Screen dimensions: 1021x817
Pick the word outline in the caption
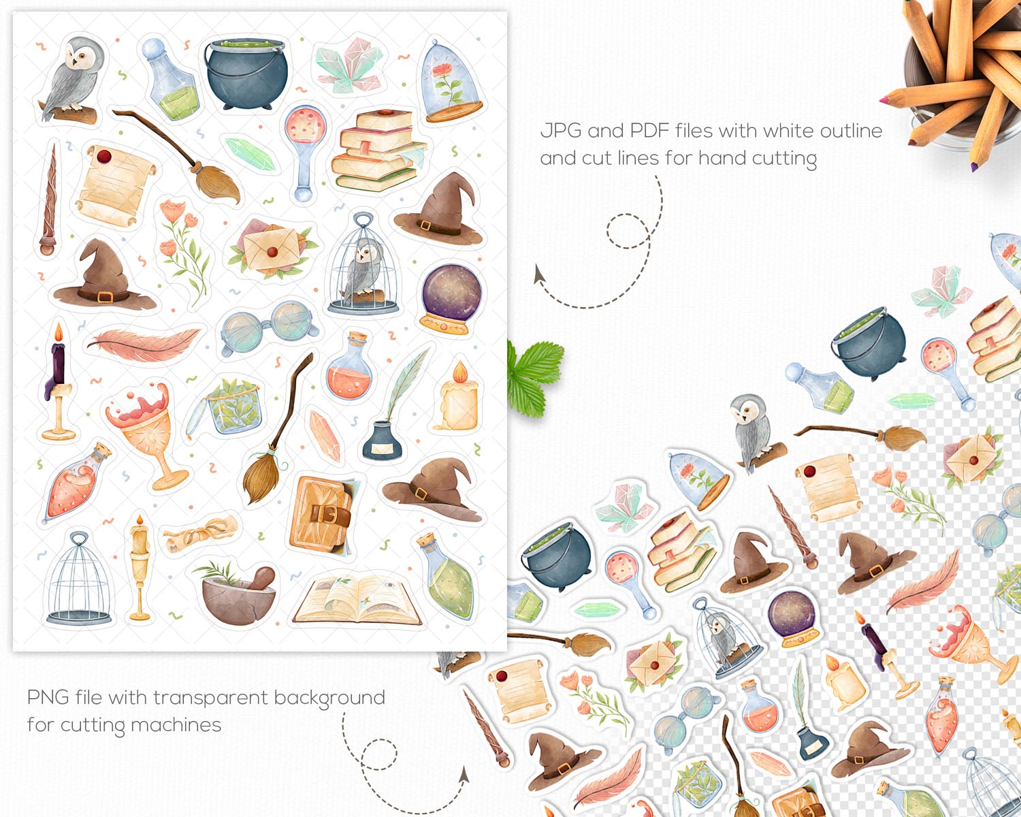(851, 131)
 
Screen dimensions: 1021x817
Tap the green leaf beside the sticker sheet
(534, 377)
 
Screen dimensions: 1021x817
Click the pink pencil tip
(884, 100)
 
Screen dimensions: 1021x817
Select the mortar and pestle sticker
(238, 594)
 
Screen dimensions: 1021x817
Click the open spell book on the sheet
(358, 600)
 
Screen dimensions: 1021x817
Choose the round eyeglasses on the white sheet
(269, 325)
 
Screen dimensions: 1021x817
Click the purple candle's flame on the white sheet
(59, 332)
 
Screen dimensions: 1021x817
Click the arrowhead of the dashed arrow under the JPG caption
(539, 274)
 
